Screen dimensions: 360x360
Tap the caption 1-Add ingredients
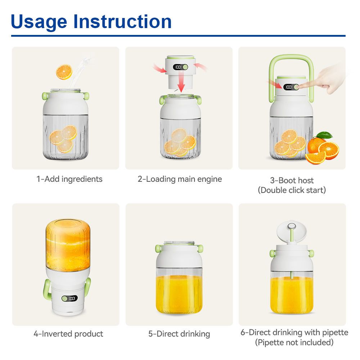[x=69, y=179]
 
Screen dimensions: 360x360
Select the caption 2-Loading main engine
[x=180, y=179]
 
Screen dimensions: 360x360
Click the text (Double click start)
[x=292, y=190]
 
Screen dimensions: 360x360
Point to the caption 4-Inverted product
[x=68, y=334]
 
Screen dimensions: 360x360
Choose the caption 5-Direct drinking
[x=179, y=334]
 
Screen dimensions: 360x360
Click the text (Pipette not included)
[x=294, y=342]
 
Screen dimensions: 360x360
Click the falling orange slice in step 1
[x=64, y=72]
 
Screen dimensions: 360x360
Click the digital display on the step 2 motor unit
[x=177, y=67]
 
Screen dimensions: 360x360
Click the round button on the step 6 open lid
[x=292, y=226]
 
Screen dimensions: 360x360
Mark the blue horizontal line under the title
[x=178, y=36]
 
